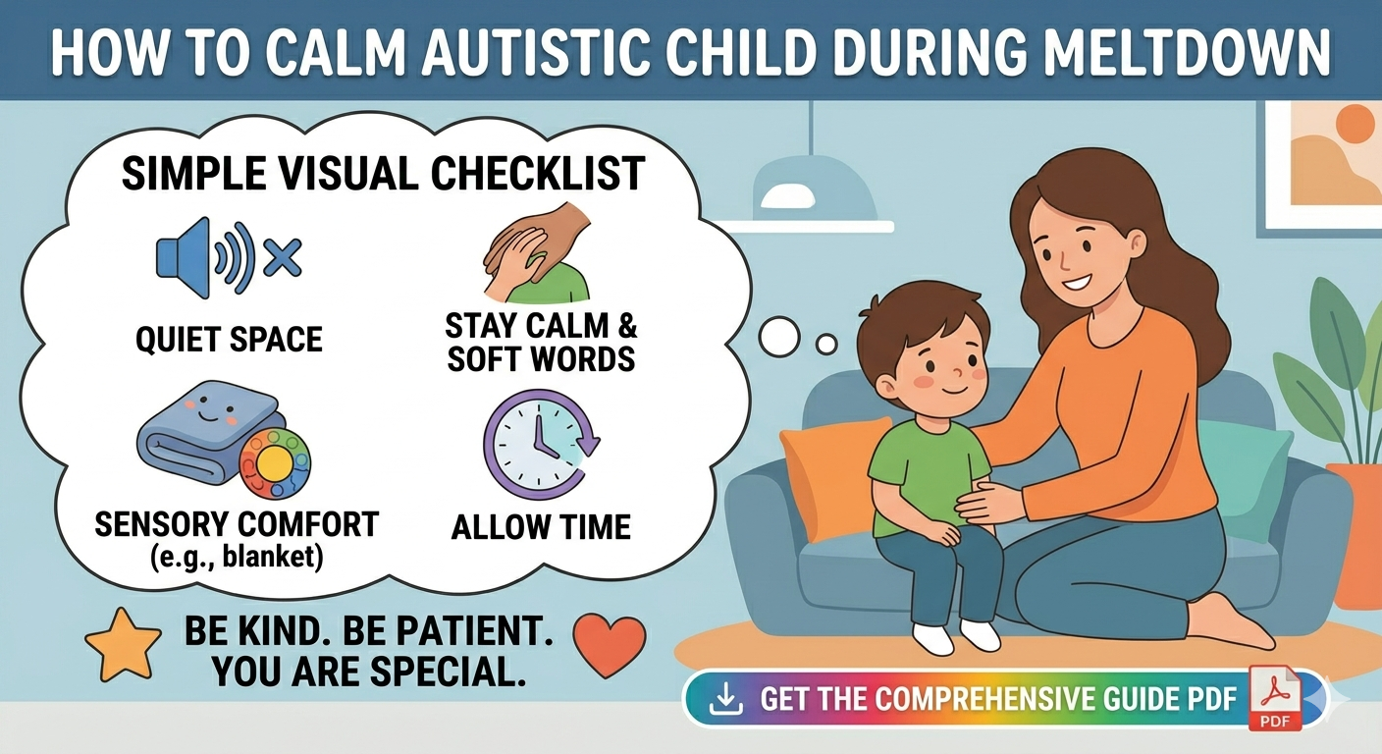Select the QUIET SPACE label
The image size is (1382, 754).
point(229,339)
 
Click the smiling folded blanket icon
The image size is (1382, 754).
point(203,432)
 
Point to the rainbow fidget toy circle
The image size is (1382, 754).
point(275,462)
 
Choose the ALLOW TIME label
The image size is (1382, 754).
point(541,527)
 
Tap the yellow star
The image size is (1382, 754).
point(123,644)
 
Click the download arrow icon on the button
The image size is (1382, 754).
point(725,700)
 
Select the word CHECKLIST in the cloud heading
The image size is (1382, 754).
point(538,174)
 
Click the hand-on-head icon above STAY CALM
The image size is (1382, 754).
point(536,253)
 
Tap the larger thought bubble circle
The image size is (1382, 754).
point(779,337)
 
